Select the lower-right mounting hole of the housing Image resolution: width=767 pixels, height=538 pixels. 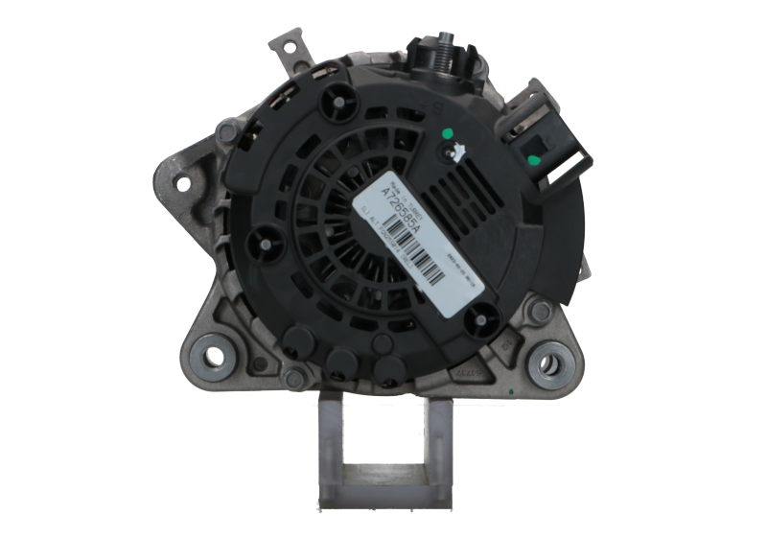[x=551, y=364]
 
